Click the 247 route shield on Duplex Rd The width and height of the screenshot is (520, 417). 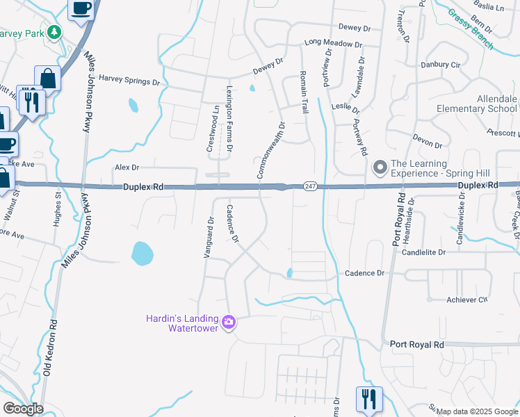pyautogui.click(x=310, y=186)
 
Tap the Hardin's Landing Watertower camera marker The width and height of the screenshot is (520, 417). pyautogui.click(x=229, y=322)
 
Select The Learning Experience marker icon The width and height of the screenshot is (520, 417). pyautogui.click(x=380, y=167)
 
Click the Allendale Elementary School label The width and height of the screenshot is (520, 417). pyautogui.click(x=476, y=104)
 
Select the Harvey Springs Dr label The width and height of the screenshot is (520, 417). pyautogui.click(x=129, y=81)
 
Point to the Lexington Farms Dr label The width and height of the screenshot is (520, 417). pyautogui.click(x=229, y=119)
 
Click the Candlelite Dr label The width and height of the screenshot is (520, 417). pyautogui.click(x=422, y=252)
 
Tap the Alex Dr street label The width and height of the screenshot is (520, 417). pyautogui.click(x=127, y=167)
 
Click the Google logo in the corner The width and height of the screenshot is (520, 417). pyautogui.click(x=23, y=409)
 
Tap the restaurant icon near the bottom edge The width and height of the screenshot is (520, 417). pyautogui.click(x=368, y=399)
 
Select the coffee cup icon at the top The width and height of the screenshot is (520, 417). pyautogui.click(x=81, y=8)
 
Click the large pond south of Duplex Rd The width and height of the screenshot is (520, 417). pyautogui.click(x=141, y=253)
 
